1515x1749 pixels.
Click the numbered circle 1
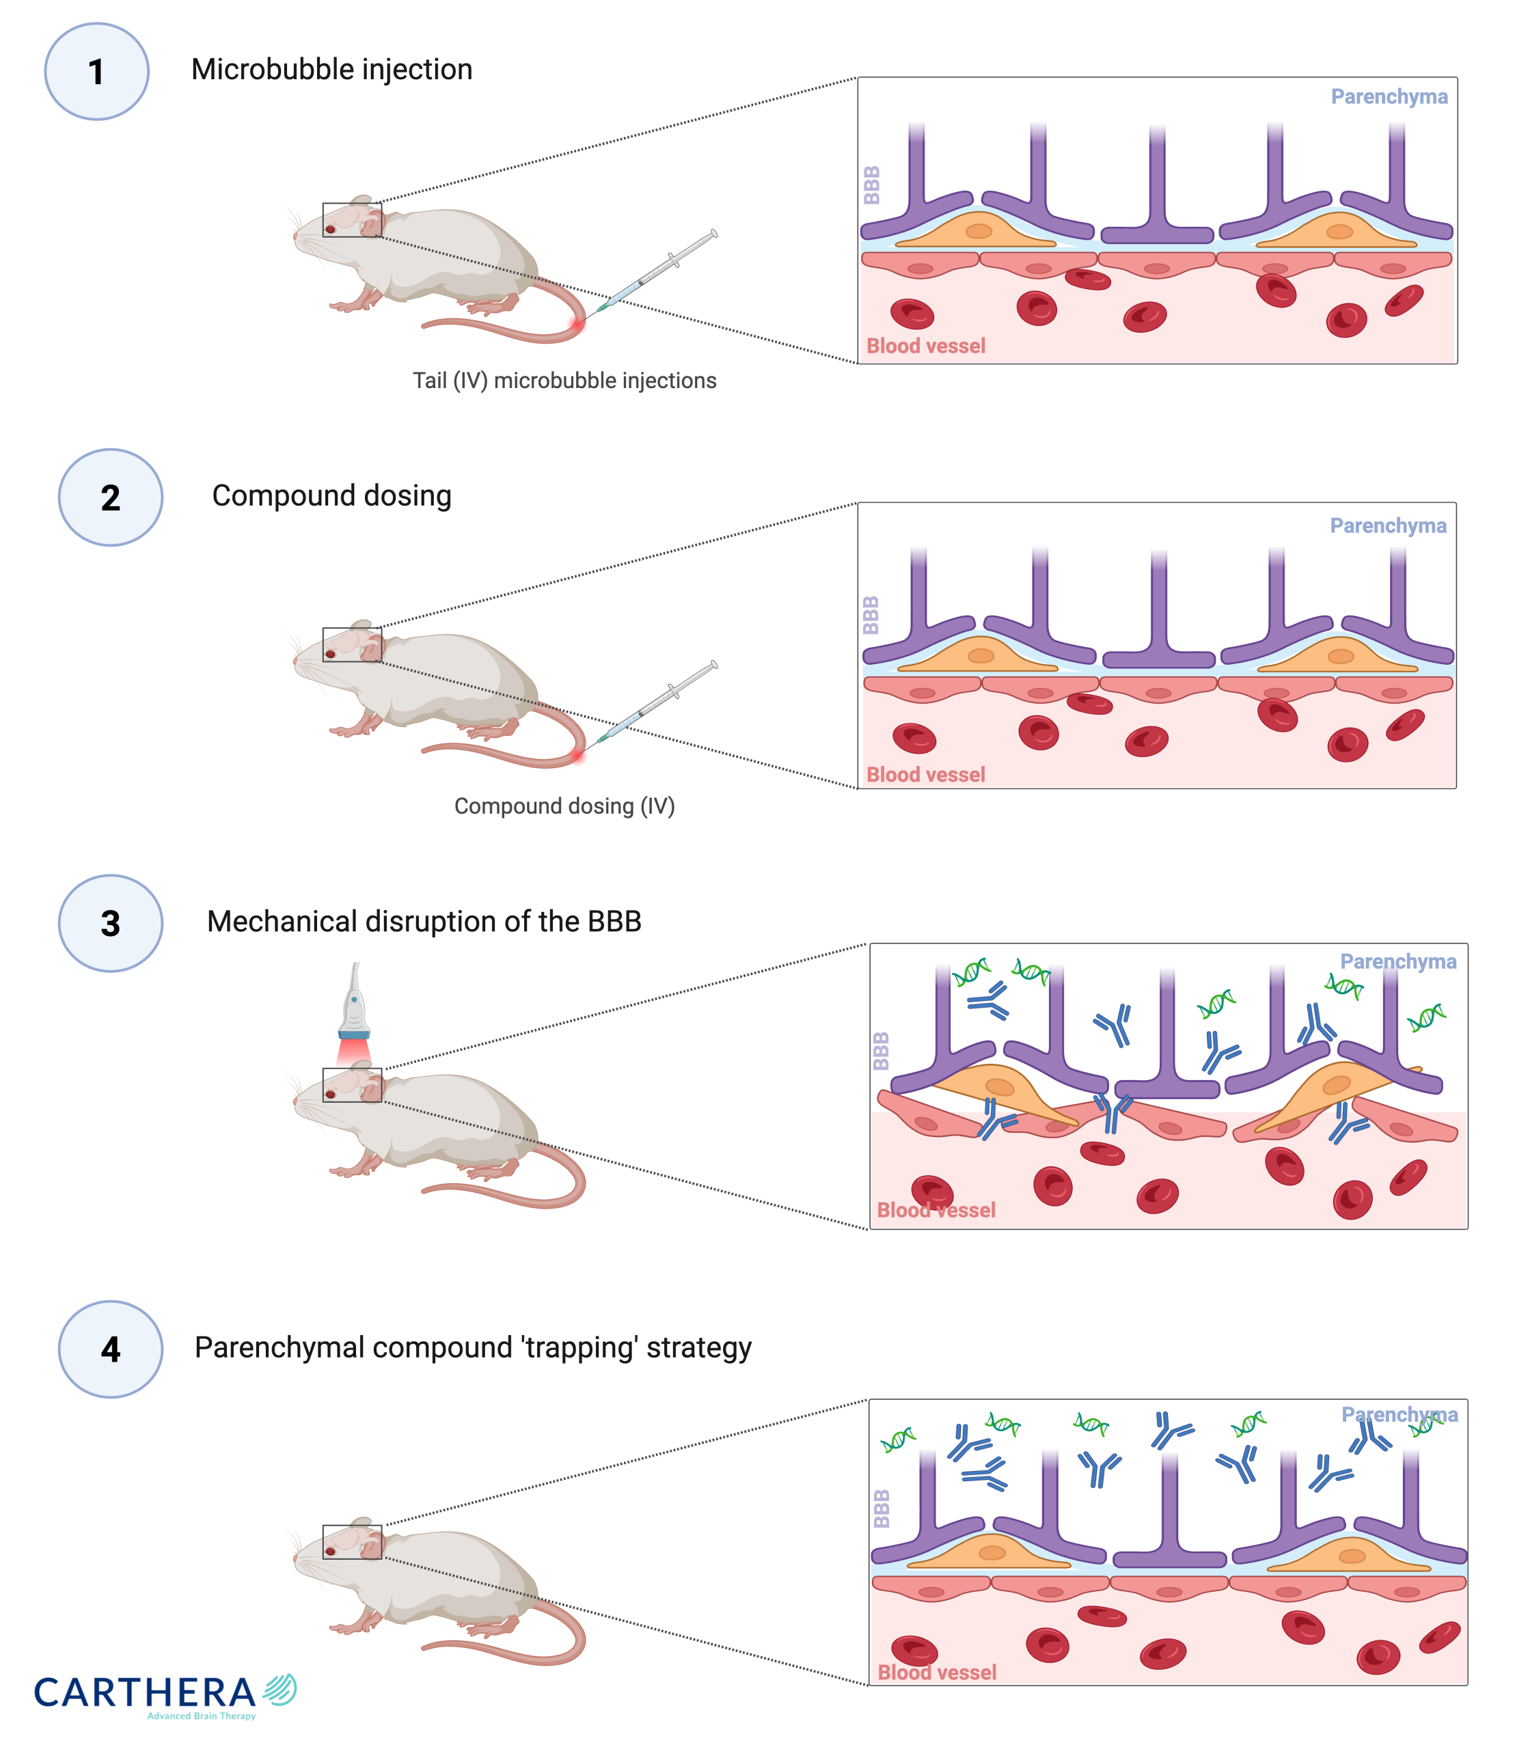(x=96, y=72)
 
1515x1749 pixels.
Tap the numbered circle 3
(x=110, y=923)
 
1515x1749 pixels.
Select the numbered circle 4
(x=110, y=1349)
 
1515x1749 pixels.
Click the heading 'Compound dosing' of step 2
(x=331, y=495)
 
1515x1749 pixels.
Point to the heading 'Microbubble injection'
(x=331, y=69)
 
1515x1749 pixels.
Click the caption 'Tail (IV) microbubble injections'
(x=564, y=381)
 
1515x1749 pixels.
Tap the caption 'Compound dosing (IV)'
(x=564, y=805)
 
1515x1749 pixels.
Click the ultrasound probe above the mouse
(x=354, y=1006)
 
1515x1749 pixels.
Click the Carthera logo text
(x=146, y=1693)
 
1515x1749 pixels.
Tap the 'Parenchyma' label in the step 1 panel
(x=1388, y=96)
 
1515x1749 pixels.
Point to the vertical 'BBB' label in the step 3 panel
(x=880, y=1051)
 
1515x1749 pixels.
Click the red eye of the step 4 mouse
(x=331, y=1552)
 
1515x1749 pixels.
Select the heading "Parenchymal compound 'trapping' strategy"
(x=473, y=1347)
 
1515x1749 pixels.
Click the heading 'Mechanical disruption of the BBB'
(x=424, y=922)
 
